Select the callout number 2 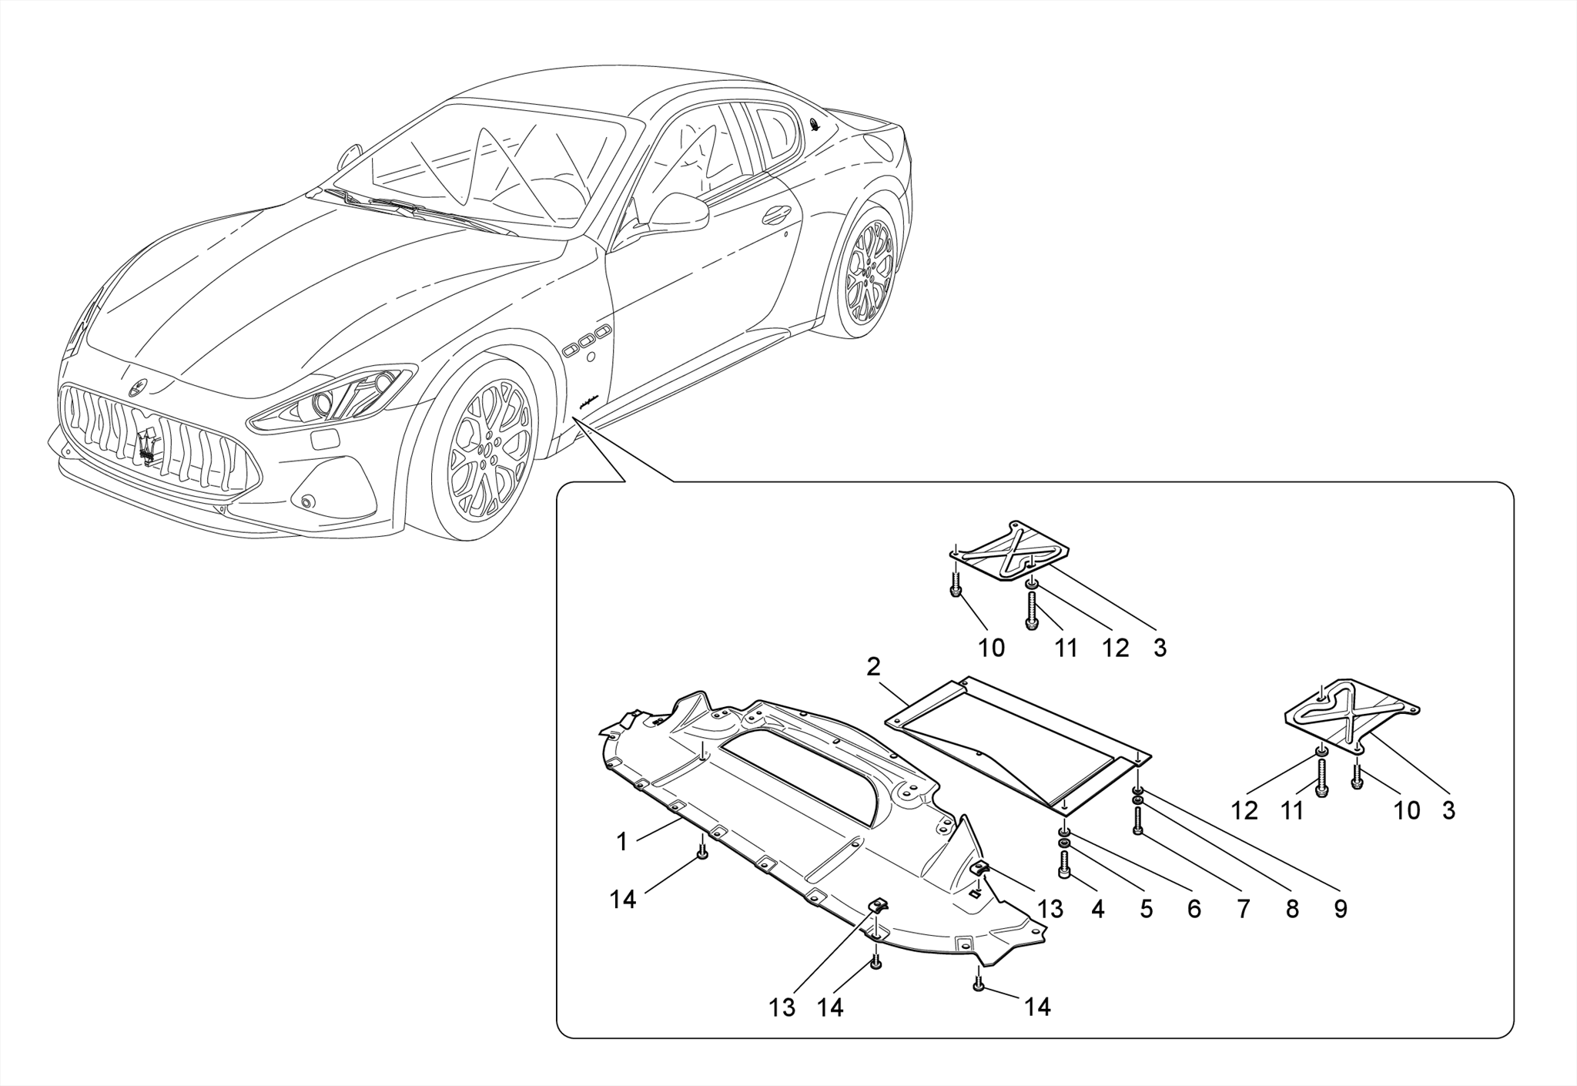pos(872,667)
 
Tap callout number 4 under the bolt pos(1098,910)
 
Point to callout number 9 pos(1341,910)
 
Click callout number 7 pos(1244,910)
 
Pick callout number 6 pos(1194,910)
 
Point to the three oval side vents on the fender pos(587,340)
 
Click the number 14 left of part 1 pos(623,899)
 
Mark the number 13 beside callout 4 pos(1050,910)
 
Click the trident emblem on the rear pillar pos(815,126)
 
